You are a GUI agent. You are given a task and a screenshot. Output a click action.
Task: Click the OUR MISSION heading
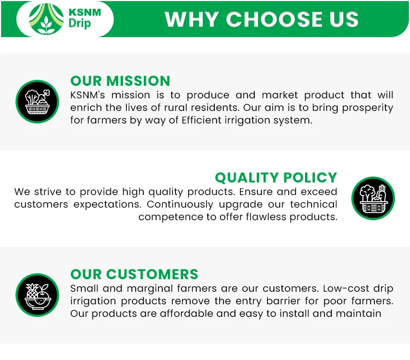[120, 81]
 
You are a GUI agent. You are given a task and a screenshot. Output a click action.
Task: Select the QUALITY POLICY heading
[276, 178]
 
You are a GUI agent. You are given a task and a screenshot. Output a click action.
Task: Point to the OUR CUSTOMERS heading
[134, 274]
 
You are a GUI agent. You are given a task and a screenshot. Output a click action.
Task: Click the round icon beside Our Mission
[37, 102]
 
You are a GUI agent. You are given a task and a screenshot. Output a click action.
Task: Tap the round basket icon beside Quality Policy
[373, 198]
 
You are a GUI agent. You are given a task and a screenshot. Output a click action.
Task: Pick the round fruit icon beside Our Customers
[37, 295]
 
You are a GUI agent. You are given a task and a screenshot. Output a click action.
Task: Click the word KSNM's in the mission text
[88, 95]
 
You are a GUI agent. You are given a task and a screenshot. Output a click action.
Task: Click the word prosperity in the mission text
[365, 108]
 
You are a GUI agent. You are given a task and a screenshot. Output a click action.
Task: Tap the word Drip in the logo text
[80, 24]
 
